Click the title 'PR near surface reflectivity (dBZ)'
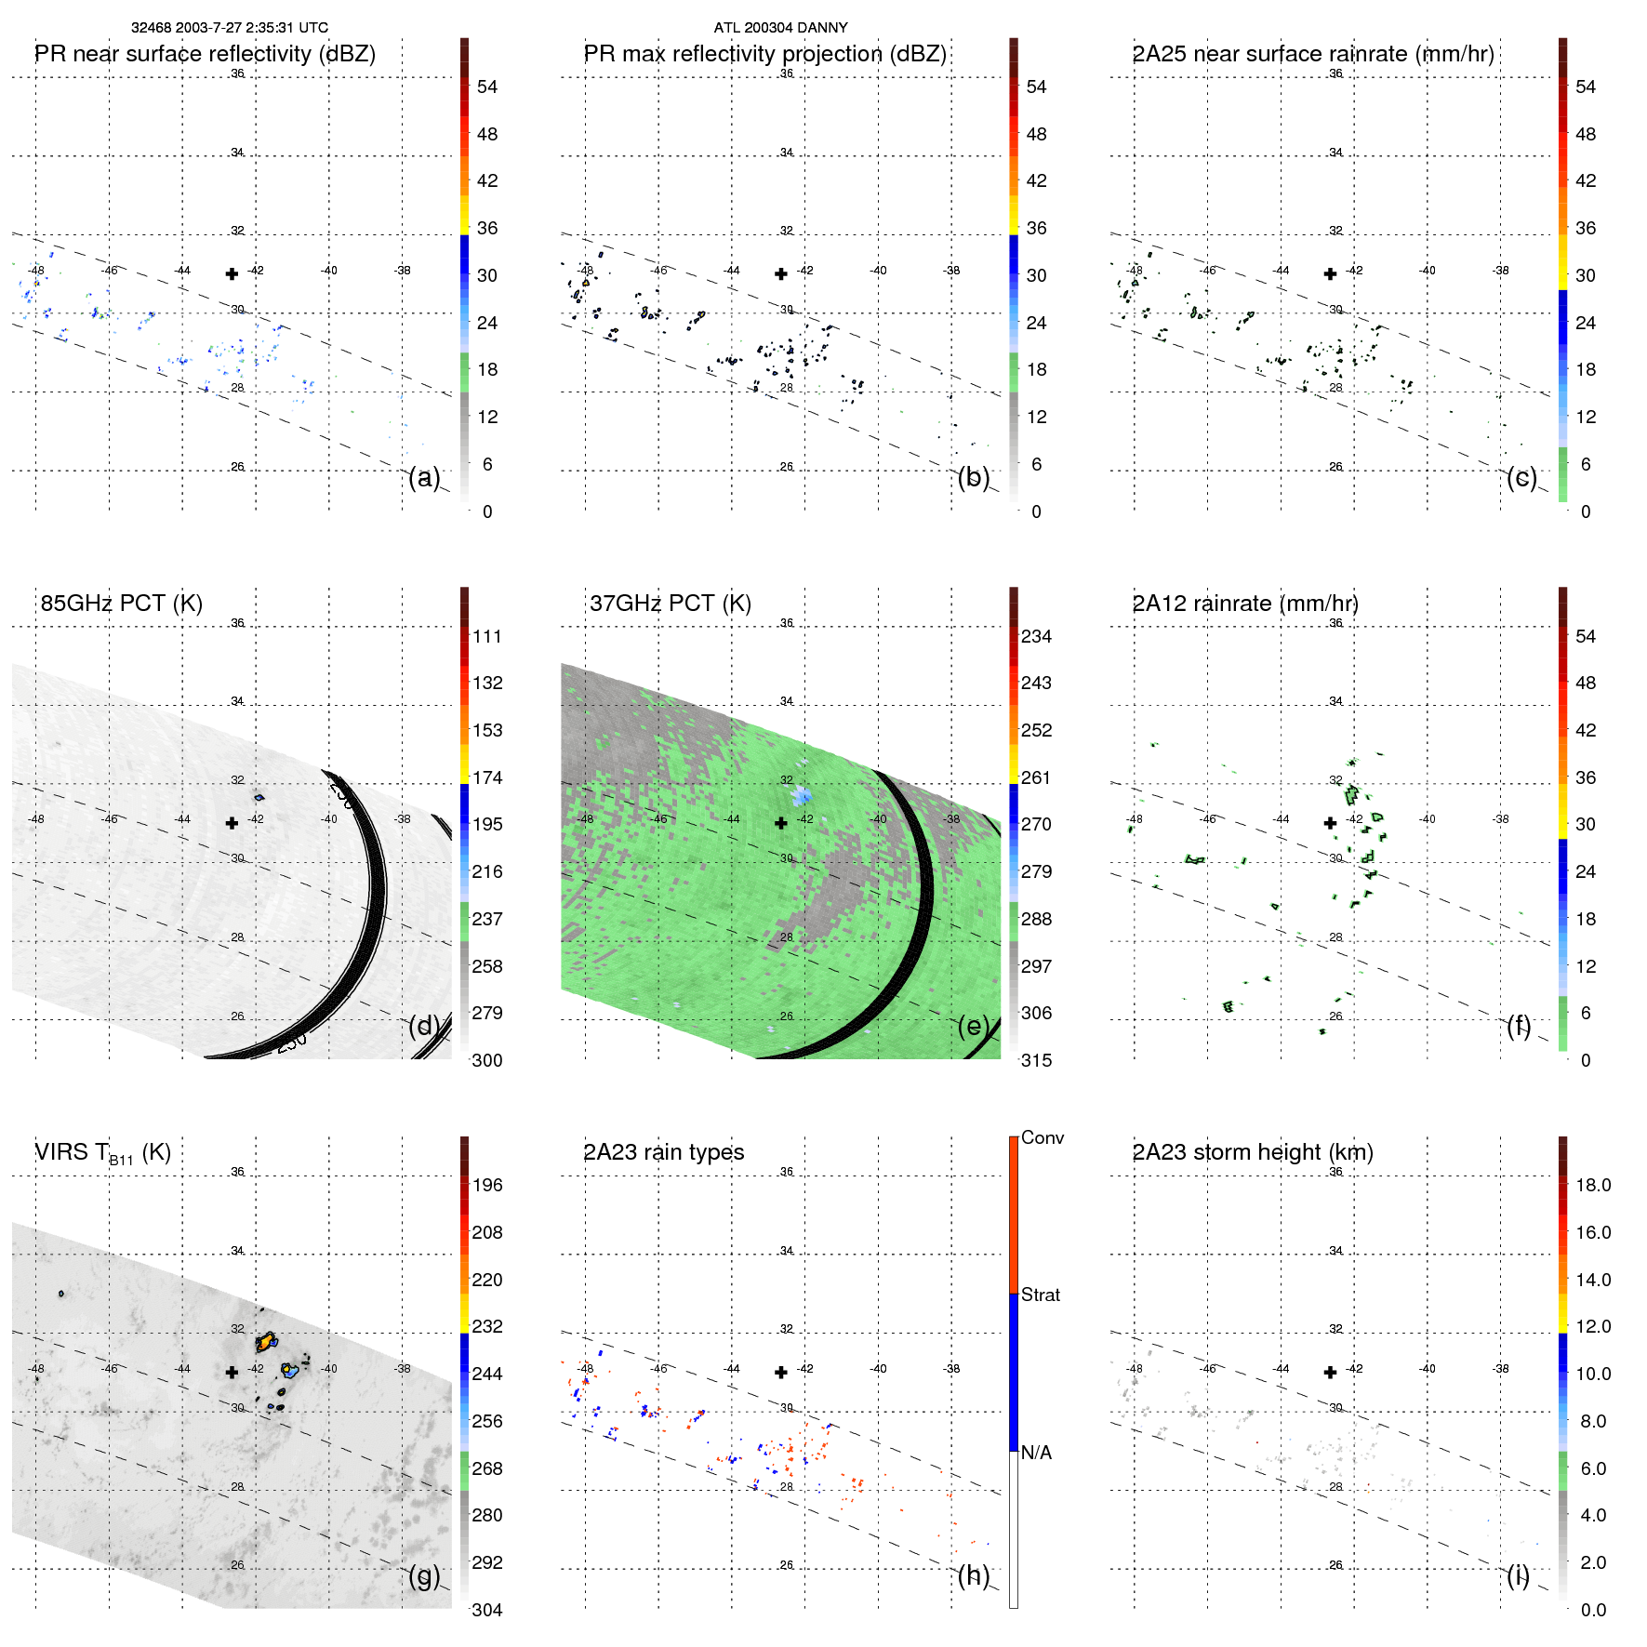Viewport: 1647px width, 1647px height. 205,54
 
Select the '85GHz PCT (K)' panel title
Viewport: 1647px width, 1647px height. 121,604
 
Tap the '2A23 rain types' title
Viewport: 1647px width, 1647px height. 663,1152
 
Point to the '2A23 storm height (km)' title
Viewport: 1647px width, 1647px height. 1252,1152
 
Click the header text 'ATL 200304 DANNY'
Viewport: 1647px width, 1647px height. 780,28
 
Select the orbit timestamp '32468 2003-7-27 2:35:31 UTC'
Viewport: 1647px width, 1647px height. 229,28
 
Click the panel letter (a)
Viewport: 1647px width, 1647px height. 424,478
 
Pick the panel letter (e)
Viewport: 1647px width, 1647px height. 973,1027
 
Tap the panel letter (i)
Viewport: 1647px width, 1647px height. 1518,1575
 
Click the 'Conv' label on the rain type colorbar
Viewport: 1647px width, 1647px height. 1042,1138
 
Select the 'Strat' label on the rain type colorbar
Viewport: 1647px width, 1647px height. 1040,1295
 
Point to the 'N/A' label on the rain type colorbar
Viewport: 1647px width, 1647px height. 1036,1453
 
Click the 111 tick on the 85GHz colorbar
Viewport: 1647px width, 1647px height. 486,637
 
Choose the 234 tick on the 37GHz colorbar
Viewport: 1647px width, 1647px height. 1036,637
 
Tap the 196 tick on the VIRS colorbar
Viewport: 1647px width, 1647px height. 486,1186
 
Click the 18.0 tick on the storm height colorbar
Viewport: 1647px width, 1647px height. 1592,1186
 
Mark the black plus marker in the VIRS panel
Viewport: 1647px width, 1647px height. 232,1372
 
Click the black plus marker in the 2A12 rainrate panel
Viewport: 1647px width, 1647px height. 1330,823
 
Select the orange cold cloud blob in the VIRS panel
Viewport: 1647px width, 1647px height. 266,1342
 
